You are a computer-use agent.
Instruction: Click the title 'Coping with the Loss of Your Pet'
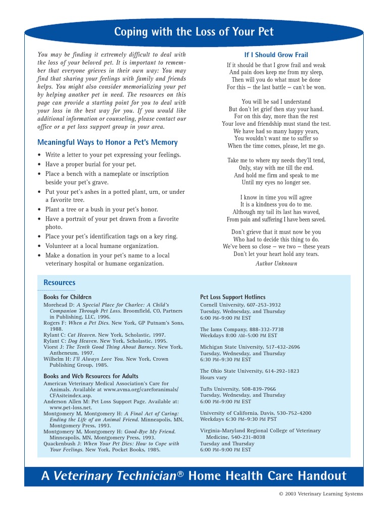194,32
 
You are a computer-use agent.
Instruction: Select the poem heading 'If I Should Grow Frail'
276,55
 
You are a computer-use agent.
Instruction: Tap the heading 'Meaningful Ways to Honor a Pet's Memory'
108,143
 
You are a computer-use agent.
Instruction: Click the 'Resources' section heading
59,283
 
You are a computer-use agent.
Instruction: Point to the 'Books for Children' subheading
67,297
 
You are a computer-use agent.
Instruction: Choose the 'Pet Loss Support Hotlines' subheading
232,297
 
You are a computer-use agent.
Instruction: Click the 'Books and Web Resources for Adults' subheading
91,376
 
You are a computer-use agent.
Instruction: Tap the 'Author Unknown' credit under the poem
276,264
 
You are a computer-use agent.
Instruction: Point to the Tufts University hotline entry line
237,389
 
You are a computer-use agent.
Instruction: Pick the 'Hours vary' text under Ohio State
214,378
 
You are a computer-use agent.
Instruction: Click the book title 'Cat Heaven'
81,335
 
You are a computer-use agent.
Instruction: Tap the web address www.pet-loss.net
71,407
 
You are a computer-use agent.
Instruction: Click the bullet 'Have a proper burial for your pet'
90,165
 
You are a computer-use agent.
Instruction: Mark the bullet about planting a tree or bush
101,210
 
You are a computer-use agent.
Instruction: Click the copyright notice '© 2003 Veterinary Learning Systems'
320,494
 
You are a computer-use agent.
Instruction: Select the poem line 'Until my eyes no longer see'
276,183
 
